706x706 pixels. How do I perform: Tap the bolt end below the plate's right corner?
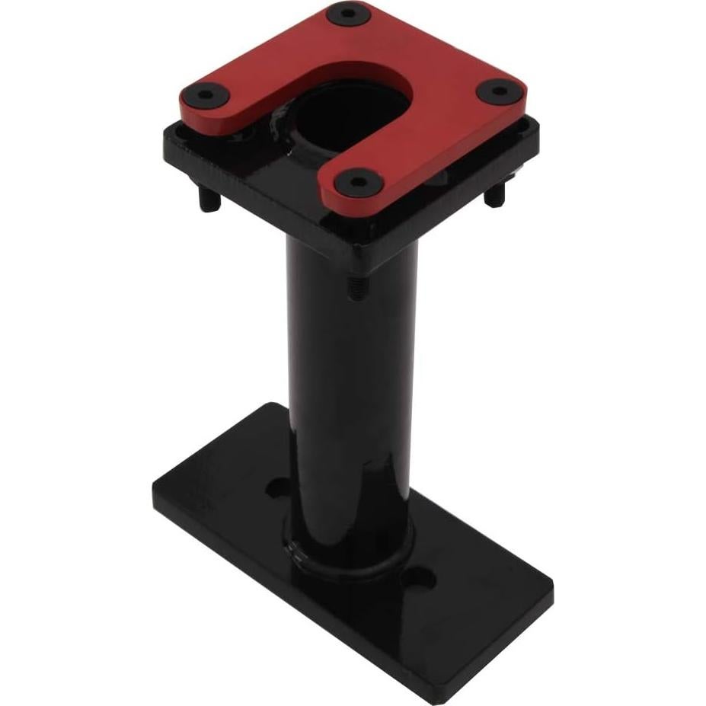point(495,196)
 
